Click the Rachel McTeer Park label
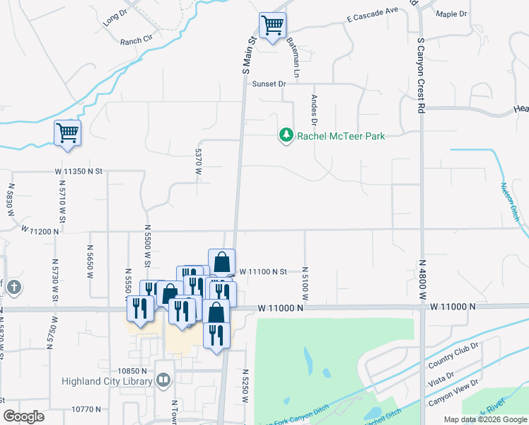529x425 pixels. coord(341,136)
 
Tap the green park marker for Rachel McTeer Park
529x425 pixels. coord(286,135)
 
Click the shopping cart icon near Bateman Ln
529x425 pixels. coord(272,26)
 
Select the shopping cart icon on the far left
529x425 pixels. coord(67,132)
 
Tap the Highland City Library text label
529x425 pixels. coord(107,382)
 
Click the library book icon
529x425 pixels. coord(163,381)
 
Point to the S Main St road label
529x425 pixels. coord(248,57)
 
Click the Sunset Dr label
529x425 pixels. coord(269,84)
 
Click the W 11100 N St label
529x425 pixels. coord(262,271)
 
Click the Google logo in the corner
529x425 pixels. coord(23,416)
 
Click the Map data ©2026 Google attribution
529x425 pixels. coord(484,419)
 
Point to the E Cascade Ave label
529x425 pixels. coord(373,20)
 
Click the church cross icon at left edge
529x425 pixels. coord(15,288)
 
